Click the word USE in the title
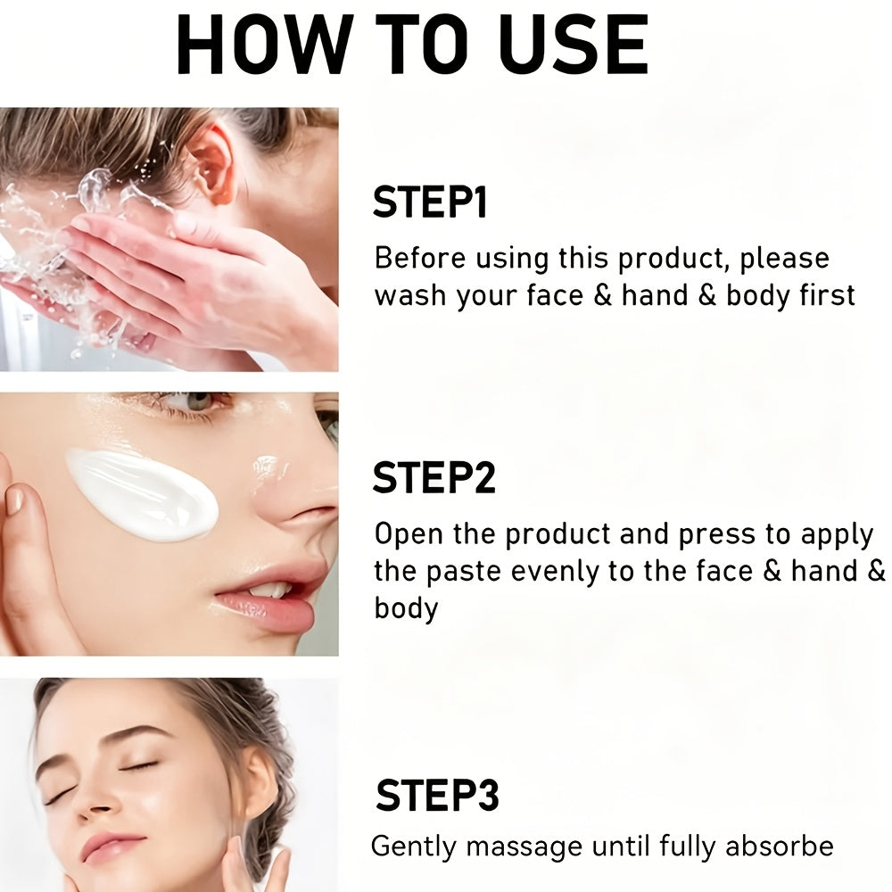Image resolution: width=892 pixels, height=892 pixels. pyautogui.click(x=574, y=45)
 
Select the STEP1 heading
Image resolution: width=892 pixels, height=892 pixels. pyautogui.click(x=430, y=202)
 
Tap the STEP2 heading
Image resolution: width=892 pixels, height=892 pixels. pyautogui.click(x=434, y=477)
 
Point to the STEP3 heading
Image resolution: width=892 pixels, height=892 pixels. pyautogui.click(x=437, y=795)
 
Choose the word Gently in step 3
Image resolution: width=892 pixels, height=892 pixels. pyautogui.click(x=414, y=847)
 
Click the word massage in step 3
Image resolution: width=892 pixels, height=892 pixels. pyautogui.click(x=524, y=848)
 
